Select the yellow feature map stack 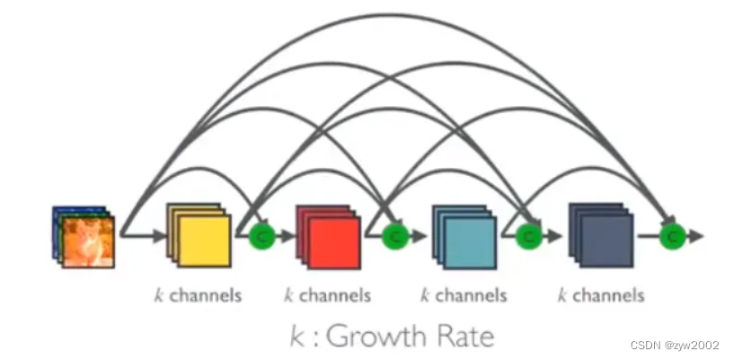[x=199, y=235]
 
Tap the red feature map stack [x=330, y=236]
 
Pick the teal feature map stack [x=464, y=236]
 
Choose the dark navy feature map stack [x=601, y=236]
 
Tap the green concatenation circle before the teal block [x=394, y=236]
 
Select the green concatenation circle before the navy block [x=529, y=236]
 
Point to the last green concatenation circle [x=671, y=236]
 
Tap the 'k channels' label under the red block [x=327, y=294]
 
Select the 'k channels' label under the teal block [x=464, y=294]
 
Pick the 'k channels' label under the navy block [x=601, y=294]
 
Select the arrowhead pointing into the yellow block [x=160, y=237]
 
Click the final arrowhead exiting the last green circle [x=697, y=236]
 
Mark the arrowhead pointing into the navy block [x=560, y=236]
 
